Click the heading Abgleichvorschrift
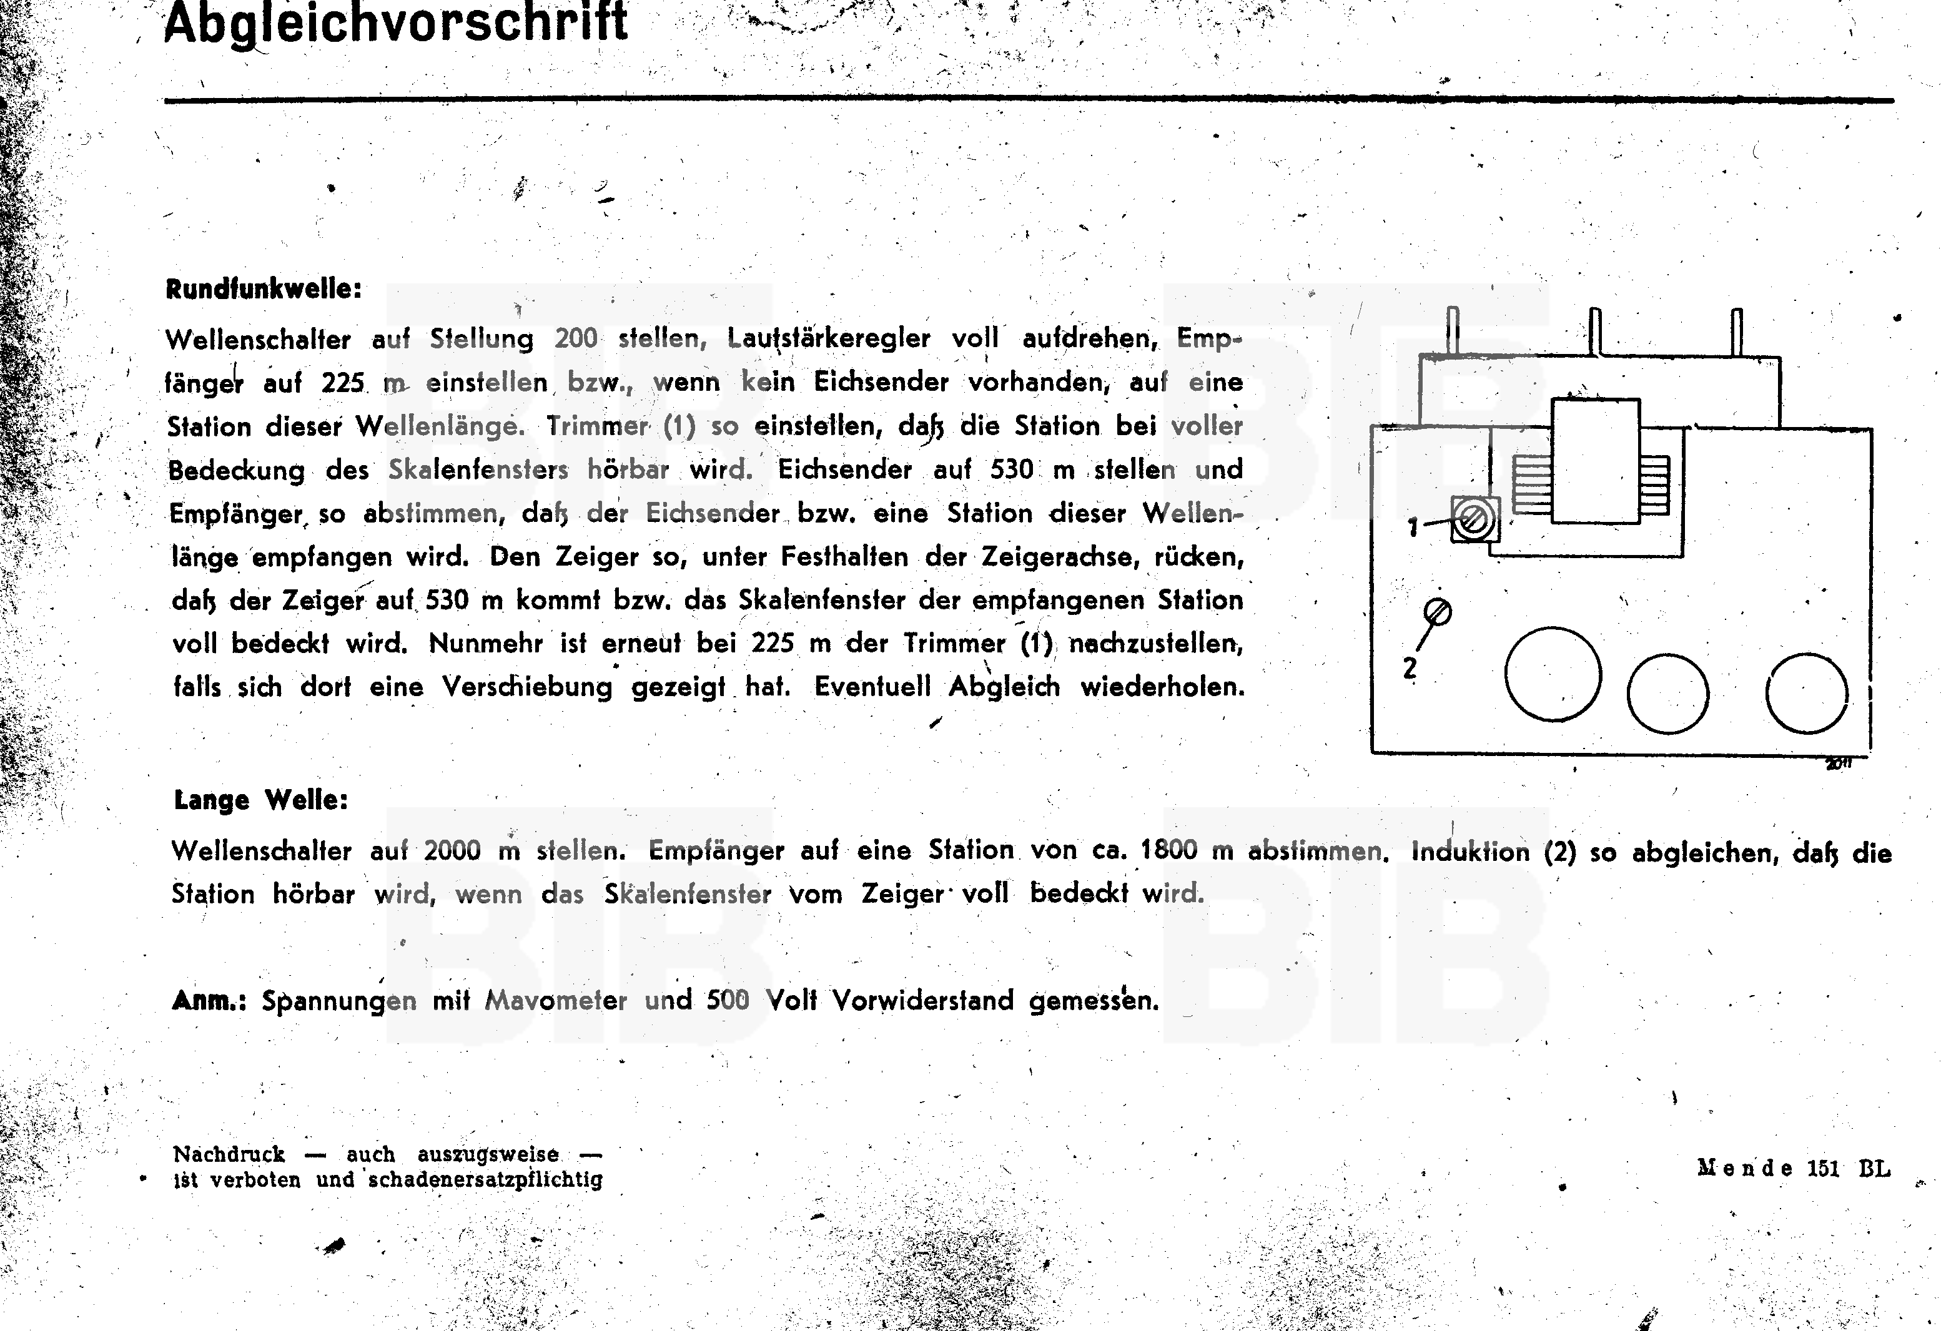click(x=395, y=23)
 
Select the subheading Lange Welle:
click(x=260, y=800)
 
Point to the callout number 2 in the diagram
click(x=1410, y=668)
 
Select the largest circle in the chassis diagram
click(x=1553, y=674)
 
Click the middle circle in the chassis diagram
click(x=1668, y=694)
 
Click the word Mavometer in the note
click(x=555, y=999)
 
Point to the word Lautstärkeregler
click(x=829, y=338)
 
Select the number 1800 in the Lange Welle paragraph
click(x=1168, y=850)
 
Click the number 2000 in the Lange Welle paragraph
click(x=452, y=850)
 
